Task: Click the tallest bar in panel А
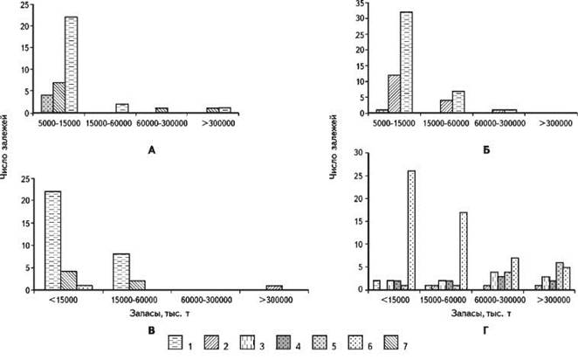point(72,65)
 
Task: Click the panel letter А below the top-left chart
point(152,150)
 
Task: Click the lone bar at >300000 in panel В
point(273,287)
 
